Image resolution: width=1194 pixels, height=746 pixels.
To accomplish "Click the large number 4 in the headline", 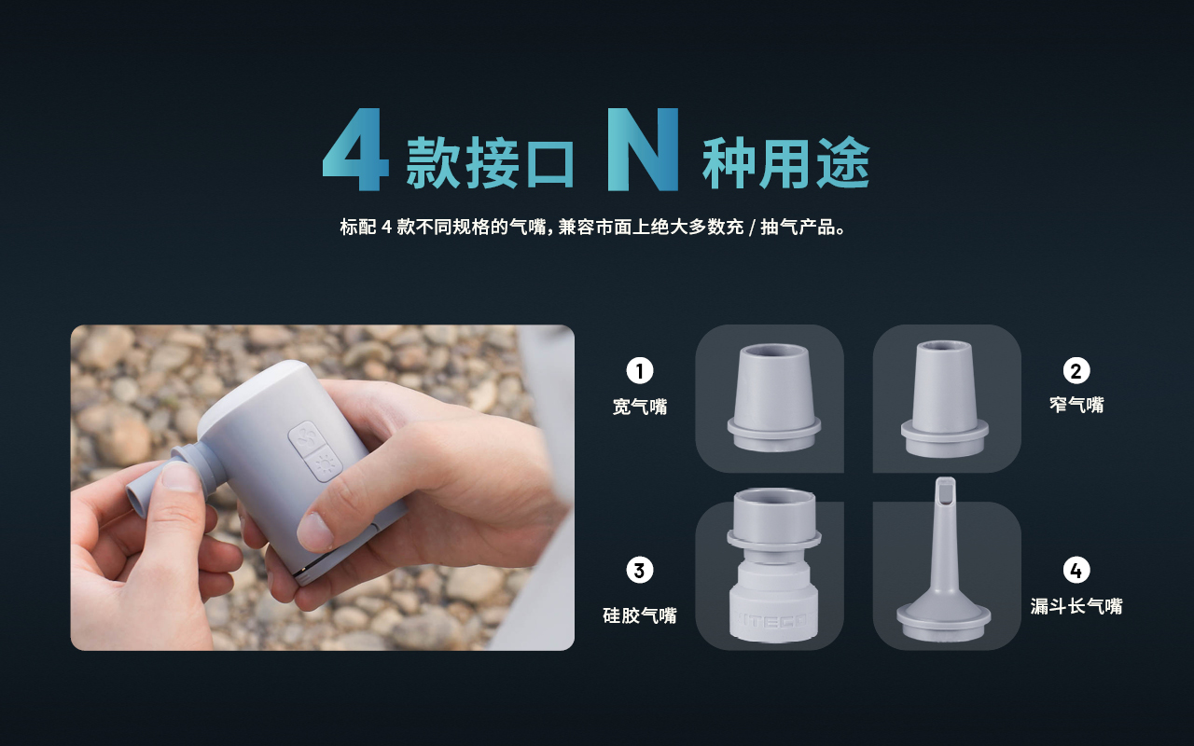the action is click(356, 149).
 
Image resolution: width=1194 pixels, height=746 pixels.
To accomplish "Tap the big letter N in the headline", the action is click(644, 149).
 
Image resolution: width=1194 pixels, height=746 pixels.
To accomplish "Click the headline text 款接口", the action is click(490, 162).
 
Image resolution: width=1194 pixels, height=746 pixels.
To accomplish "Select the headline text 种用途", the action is click(786, 162).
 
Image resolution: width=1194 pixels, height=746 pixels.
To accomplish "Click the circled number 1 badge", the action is click(640, 371).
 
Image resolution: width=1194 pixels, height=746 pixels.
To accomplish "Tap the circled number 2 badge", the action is click(1076, 371).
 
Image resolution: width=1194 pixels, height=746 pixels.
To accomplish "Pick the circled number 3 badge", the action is click(640, 570).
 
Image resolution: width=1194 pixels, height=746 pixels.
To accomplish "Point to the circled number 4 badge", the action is click(1076, 570).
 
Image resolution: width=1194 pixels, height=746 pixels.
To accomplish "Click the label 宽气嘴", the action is click(640, 407).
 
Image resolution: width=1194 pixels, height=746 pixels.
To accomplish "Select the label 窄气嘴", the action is click(1076, 405).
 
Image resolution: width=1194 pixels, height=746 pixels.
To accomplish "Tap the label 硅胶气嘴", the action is click(640, 615).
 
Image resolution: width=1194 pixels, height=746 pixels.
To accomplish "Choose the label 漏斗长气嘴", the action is click(1076, 606).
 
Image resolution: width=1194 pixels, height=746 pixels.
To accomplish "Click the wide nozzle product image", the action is click(774, 397).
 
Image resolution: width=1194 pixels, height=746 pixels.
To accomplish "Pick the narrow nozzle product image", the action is click(945, 398).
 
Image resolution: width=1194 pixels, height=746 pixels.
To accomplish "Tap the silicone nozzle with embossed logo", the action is click(774, 566).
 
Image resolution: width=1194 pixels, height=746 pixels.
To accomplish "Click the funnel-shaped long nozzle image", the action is click(944, 559).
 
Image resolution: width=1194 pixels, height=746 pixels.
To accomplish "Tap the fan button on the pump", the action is click(305, 438).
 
